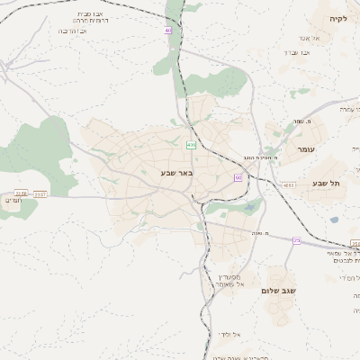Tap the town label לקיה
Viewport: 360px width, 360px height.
tap(338, 19)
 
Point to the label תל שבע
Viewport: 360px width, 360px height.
tap(327, 184)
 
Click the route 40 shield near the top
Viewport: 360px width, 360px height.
tap(167, 32)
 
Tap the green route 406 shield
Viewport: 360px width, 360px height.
tap(191, 144)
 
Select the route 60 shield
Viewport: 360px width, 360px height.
tap(238, 178)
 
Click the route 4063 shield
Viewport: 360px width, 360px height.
tap(288, 185)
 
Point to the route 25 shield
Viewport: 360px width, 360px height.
tap(296, 239)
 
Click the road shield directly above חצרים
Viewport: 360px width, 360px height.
tap(21, 192)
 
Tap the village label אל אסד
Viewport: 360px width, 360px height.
tap(325, 38)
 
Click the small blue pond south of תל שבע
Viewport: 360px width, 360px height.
tap(334, 220)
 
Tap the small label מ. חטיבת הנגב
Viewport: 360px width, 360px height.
tap(258, 157)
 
